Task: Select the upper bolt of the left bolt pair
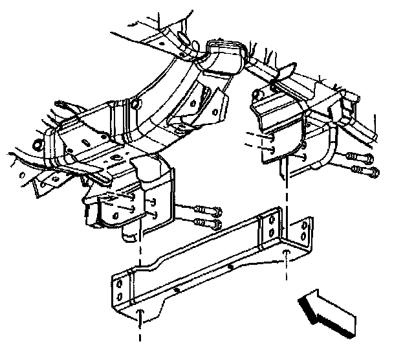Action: tap(206, 210)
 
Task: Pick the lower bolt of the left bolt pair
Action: tap(208, 225)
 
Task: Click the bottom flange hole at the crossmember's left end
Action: tap(140, 313)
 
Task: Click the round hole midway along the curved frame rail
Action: tap(134, 104)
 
